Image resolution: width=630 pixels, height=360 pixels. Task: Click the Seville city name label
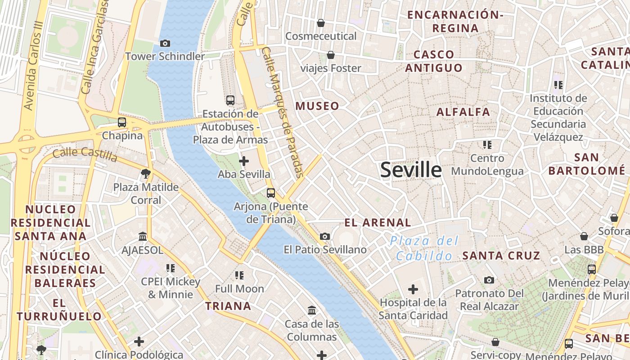point(411,170)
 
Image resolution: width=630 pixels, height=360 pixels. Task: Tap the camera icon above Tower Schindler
point(165,43)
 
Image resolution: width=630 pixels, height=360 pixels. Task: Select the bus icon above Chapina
point(122,122)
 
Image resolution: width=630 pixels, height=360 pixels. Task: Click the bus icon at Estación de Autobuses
point(230,100)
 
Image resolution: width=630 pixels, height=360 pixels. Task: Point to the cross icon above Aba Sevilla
point(244,161)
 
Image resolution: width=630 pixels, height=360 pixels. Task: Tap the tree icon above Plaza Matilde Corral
point(145,173)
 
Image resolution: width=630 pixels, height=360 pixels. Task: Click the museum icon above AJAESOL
point(143,236)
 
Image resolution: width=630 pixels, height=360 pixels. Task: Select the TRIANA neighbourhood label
point(228,306)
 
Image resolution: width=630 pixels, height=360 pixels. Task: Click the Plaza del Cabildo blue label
point(424,248)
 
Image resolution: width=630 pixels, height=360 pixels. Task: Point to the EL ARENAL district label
point(378,222)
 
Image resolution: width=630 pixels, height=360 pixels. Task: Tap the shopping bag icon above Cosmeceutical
point(321,22)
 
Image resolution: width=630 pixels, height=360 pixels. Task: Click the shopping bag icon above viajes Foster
point(331,55)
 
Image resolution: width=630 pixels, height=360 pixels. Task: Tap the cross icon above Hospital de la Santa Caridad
point(413,289)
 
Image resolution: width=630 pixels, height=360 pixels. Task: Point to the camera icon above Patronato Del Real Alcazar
point(489,280)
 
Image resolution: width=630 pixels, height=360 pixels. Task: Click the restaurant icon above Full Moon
point(239,275)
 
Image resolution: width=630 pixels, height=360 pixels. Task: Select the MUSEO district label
point(317,106)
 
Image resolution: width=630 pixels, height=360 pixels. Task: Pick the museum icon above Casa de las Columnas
point(312,310)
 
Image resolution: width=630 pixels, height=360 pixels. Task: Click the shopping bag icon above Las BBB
point(584,236)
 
